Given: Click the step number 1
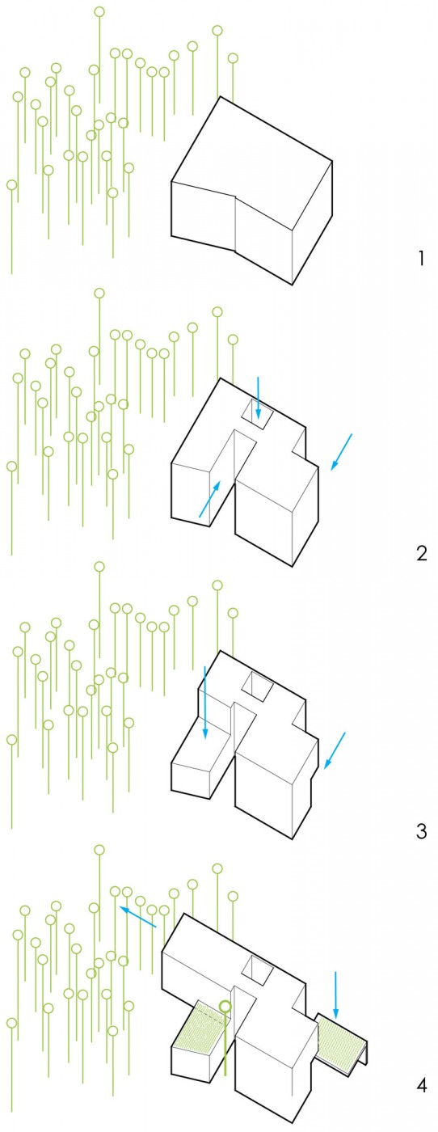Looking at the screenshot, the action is (x=421, y=259).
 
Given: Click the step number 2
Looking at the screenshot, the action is (x=422, y=553).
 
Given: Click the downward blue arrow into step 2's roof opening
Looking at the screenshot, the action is (x=258, y=398).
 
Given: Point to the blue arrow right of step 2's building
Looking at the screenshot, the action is (x=341, y=452).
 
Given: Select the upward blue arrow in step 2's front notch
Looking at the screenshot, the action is (x=209, y=500).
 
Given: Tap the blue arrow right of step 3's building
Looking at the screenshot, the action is (x=335, y=750).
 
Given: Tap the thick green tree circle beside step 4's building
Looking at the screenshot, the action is (x=225, y=1006).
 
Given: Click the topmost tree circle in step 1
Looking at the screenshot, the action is (x=99, y=11).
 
